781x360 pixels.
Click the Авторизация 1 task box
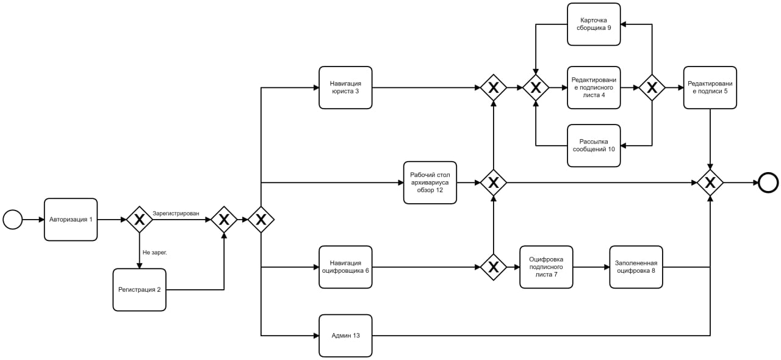(x=71, y=220)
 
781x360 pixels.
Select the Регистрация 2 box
(x=140, y=290)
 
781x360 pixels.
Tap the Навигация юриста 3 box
(x=345, y=87)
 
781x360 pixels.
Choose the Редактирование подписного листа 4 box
(x=594, y=87)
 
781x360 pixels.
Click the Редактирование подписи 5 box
(x=710, y=87)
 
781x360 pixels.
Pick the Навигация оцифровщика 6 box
(x=345, y=267)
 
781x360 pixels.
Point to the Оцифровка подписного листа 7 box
(x=546, y=267)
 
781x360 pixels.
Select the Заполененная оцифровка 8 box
(x=636, y=267)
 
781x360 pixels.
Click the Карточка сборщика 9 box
(x=594, y=24)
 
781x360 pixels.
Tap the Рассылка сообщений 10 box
(x=594, y=146)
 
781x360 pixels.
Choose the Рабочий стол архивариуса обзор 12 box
(x=430, y=183)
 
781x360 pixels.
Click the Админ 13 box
(x=345, y=336)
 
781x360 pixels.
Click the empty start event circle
(x=13, y=220)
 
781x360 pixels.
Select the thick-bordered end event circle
(x=768, y=183)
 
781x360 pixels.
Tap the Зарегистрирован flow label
(x=176, y=214)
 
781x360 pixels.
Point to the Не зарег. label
(x=155, y=253)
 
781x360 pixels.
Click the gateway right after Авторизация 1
(x=140, y=220)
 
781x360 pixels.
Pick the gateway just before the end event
(x=710, y=183)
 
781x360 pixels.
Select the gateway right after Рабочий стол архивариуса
(x=494, y=183)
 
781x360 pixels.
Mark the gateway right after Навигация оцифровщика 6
(x=494, y=267)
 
